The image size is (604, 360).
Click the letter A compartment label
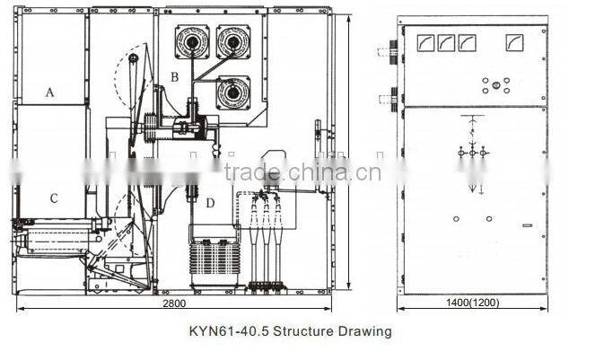click(x=50, y=92)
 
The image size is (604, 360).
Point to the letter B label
click(x=175, y=76)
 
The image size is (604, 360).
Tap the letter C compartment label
click(x=54, y=198)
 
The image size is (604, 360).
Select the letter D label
click(x=209, y=203)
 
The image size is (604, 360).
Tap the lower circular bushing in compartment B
click(x=233, y=91)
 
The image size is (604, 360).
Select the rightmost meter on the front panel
click(x=514, y=42)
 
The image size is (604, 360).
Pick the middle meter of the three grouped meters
click(x=445, y=42)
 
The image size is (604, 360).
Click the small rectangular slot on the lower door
click(x=527, y=224)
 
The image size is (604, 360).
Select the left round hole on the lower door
click(x=456, y=218)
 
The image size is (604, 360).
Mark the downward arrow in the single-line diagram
click(x=472, y=188)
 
